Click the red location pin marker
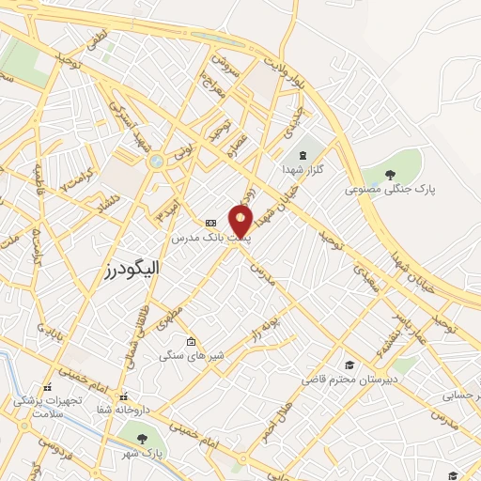point(241,222)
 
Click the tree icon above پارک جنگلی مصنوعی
point(390,173)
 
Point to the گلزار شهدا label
point(303,170)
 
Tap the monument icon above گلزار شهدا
point(303,155)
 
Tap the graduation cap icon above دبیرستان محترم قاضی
point(349,365)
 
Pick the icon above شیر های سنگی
point(192,342)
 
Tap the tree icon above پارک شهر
point(142,438)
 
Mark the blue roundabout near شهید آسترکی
point(155,161)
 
